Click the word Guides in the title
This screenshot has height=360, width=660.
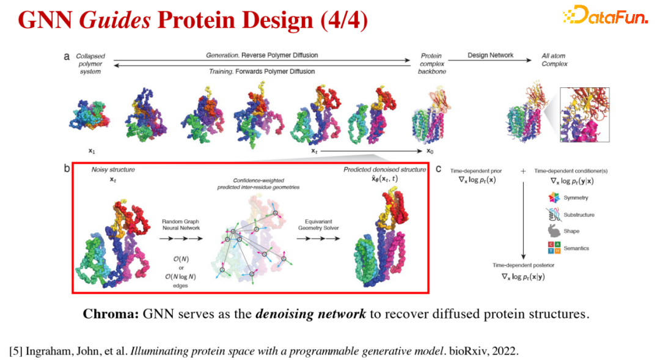[x=115, y=20]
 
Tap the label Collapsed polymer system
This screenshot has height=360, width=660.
[x=90, y=64]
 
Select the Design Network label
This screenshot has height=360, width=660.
[x=490, y=55]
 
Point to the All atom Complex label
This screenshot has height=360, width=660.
[x=554, y=60]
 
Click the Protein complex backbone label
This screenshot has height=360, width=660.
[x=432, y=64]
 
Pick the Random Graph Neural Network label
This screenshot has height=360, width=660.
[x=181, y=224]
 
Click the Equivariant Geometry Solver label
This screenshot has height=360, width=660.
[x=318, y=224]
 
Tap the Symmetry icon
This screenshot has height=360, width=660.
[x=554, y=197]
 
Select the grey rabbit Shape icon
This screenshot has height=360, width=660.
[x=554, y=231]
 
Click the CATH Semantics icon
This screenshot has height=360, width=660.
[x=554, y=248]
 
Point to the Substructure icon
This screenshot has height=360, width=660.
[x=554, y=215]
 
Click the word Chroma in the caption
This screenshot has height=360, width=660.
[x=111, y=314]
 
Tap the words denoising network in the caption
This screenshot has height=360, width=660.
[x=310, y=314]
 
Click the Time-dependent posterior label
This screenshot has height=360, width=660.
[x=523, y=265]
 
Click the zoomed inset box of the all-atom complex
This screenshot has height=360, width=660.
[x=585, y=114]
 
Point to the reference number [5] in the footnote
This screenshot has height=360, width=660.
[x=15, y=351]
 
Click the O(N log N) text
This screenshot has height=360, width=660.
[x=180, y=277]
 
